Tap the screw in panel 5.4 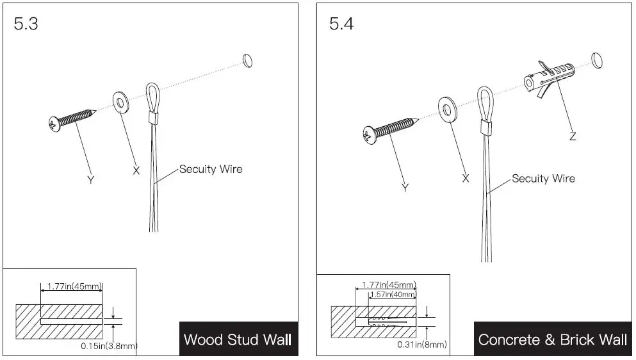(x=389, y=129)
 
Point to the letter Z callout (x=573, y=136)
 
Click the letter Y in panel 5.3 (x=90, y=181)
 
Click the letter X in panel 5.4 (x=466, y=178)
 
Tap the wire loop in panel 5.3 (x=153, y=99)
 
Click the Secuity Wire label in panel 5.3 (x=211, y=169)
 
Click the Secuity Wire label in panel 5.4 (x=543, y=178)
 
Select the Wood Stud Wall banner (x=238, y=339)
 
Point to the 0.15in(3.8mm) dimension (x=109, y=346)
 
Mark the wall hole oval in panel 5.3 (x=247, y=60)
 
